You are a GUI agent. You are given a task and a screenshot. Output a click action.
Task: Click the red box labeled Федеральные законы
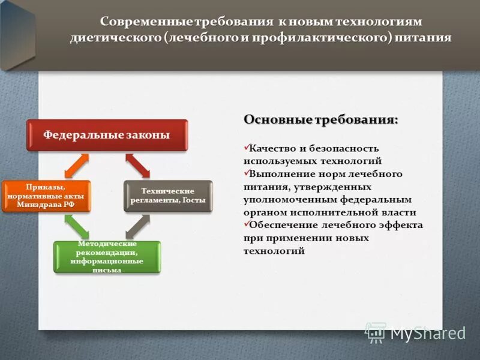point(106,135)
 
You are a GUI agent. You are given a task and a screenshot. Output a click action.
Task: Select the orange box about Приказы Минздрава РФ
point(46,196)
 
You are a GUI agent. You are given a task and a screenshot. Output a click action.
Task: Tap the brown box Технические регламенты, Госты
point(167,196)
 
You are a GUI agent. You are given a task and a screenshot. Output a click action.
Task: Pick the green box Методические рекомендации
point(107,257)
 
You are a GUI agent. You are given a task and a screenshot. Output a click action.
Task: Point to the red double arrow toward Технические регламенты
point(137,166)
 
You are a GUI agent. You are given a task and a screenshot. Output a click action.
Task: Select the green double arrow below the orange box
point(76,227)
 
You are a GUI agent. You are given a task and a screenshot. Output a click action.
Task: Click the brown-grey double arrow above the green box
point(137,227)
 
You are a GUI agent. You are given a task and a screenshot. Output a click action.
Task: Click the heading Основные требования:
point(320,120)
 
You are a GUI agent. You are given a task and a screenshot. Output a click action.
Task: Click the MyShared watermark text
point(428,333)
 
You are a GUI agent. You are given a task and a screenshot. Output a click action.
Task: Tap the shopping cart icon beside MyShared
point(376,332)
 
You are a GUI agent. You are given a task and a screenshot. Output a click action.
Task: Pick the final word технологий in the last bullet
point(274,251)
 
